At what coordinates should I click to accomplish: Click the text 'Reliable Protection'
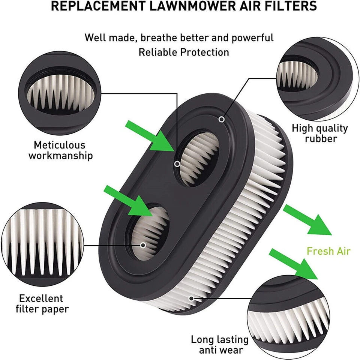pyautogui.click(x=184, y=52)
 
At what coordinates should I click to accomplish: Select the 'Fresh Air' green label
pyautogui.click(x=328, y=251)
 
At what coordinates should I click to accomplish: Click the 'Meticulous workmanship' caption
pyautogui.click(x=60, y=150)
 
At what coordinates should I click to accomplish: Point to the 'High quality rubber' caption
pyautogui.click(x=320, y=133)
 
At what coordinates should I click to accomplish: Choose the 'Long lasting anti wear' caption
pyautogui.click(x=219, y=345)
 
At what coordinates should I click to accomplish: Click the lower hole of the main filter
pyautogui.click(x=148, y=232)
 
